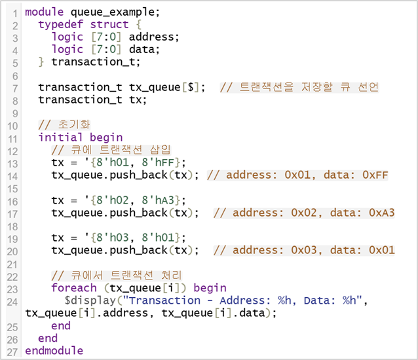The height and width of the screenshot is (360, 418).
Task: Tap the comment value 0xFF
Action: coord(375,175)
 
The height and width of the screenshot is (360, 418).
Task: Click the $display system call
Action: coord(88,300)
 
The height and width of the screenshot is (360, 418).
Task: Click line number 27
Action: coord(14,351)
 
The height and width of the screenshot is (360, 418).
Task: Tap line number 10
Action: coord(14,125)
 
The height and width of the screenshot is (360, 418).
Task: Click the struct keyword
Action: coord(109,24)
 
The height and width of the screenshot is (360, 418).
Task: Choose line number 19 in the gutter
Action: coord(14,238)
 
